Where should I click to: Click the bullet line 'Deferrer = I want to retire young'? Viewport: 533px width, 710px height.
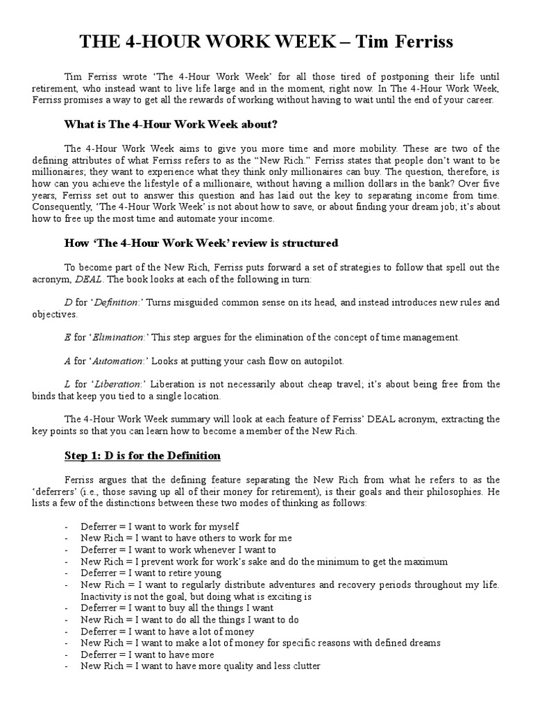[151, 573]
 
